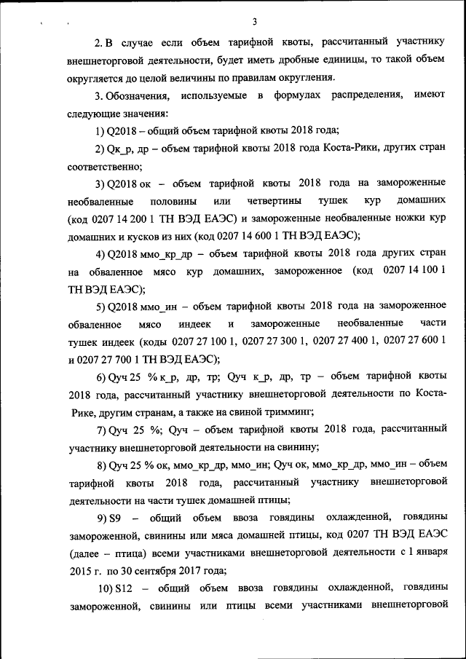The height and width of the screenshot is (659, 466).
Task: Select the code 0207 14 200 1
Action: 127,218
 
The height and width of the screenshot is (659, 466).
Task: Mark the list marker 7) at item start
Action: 101,430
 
